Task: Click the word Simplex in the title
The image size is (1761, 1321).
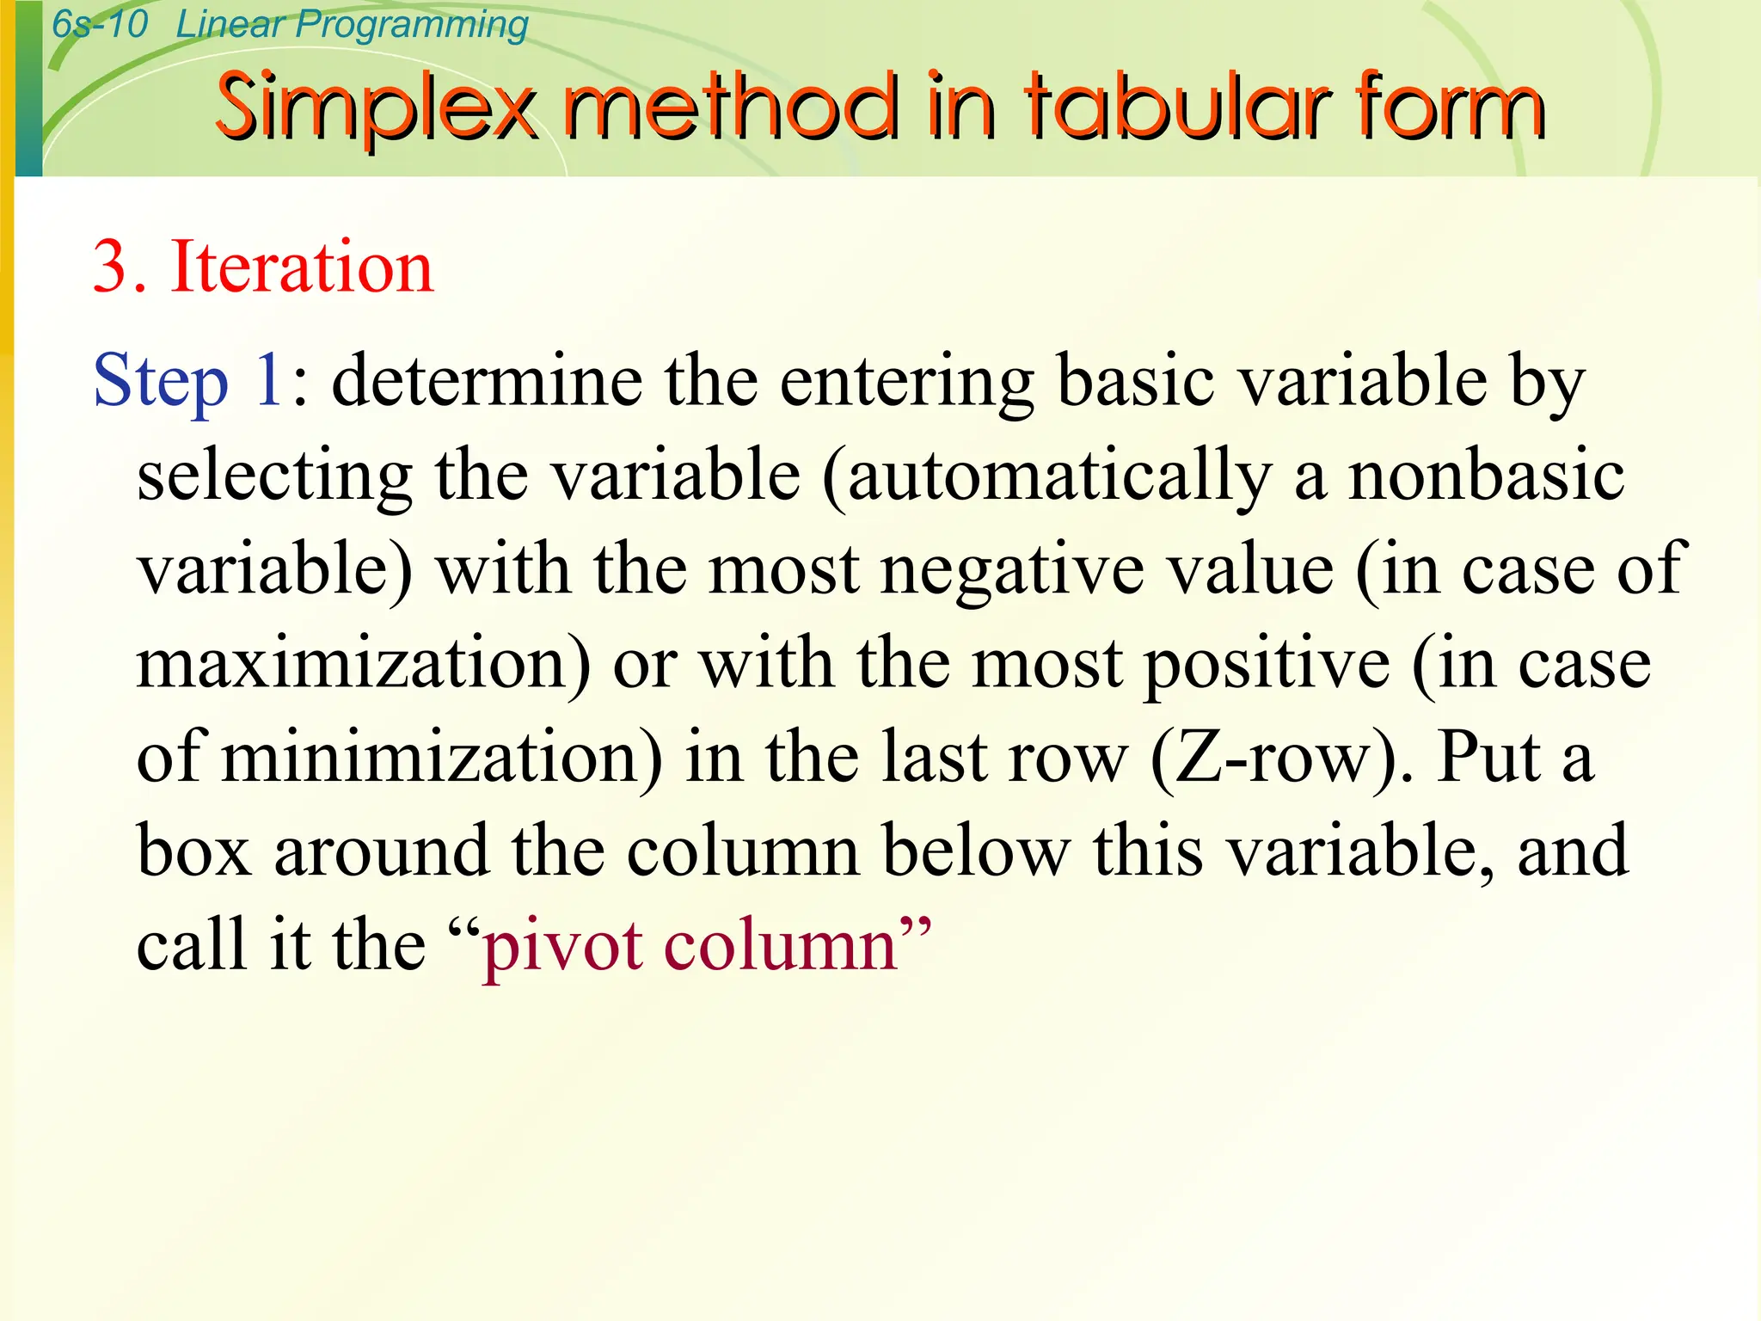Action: click(375, 108)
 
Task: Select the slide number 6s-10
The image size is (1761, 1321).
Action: click(100, 24)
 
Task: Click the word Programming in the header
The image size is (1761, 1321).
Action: click(412, 26)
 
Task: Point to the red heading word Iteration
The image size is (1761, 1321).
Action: click(302, 267)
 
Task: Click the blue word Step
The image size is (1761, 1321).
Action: click(161, 381)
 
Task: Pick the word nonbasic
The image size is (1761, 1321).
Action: click(1486, 476)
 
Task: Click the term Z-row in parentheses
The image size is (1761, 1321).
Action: click(1282, 757)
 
